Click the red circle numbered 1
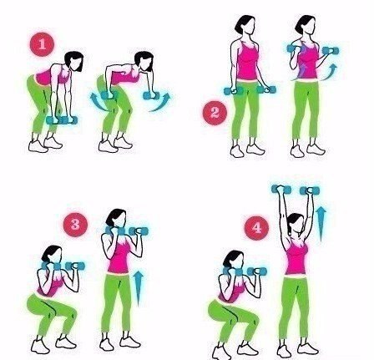(x=42, y=44)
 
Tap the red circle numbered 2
(x=215, y=113)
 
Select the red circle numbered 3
(x=75, y=225)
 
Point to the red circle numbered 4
(x=256, y=228)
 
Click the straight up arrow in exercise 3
(x=139, y=289)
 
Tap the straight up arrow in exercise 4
(x=321, y=224)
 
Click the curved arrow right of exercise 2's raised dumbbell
(x=330, y=73)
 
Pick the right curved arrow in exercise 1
(x=160, y=102)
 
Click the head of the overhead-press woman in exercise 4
(x=296, y=224)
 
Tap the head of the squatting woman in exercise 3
(x=52, y=255)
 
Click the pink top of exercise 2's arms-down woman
(x=247, y=60)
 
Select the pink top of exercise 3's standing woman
(x=119, y=256)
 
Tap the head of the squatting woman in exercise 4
(x=234, y=261)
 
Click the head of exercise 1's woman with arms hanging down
(x=74, y=62)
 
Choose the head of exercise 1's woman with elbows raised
(x=144, y=62)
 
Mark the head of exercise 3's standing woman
(x=116, y=219)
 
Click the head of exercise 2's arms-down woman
(x=245, y=25)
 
